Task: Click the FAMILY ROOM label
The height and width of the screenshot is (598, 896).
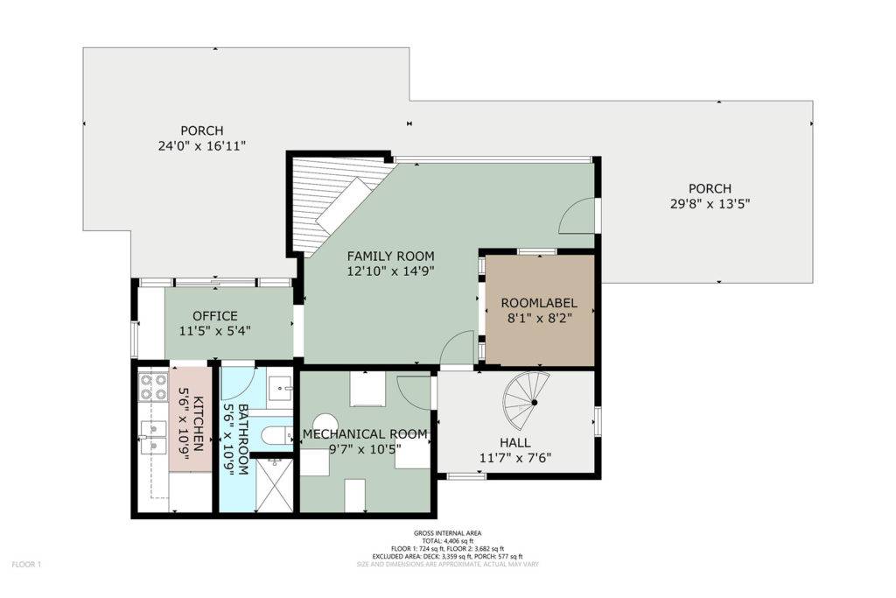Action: point(390,257)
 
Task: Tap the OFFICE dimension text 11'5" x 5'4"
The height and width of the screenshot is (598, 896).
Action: point(215,330)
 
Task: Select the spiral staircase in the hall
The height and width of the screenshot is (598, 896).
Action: point(526,401)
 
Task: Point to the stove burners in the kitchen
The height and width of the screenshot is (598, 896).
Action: point(154,386)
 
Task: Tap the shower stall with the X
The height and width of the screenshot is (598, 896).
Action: point(274,485)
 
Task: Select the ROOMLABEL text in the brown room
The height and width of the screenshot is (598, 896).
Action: point(539,303)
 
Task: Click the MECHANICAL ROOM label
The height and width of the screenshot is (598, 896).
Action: point(365,434)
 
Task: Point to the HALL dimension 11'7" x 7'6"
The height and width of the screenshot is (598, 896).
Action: point(514,457)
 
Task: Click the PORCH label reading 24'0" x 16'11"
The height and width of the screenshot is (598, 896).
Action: point(202,146)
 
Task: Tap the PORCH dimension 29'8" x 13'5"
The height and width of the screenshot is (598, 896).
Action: point(709,203)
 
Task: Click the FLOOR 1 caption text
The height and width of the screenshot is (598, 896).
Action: point(26,565)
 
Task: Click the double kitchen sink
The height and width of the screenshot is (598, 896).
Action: point(152,437)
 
